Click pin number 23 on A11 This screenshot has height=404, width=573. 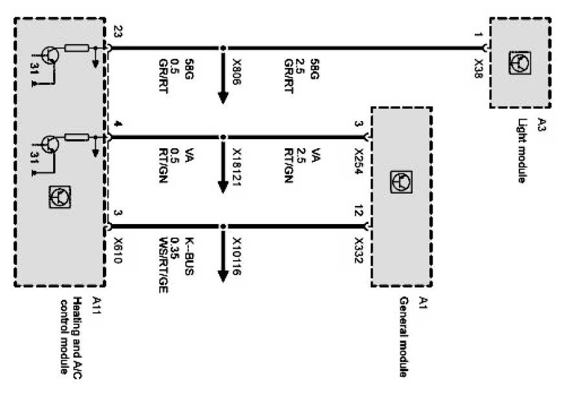[117, 32]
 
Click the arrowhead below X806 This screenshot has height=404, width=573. [223, 97]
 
